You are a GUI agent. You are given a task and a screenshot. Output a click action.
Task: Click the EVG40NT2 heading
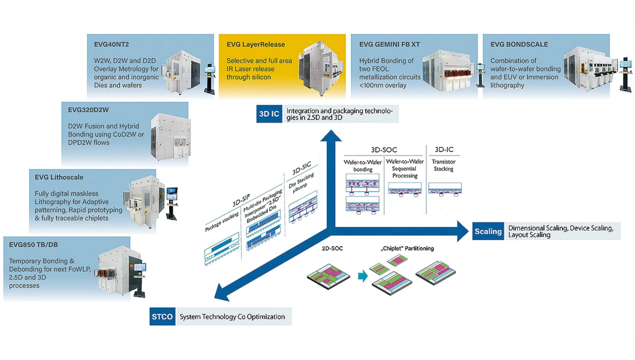click(x=112, y=44)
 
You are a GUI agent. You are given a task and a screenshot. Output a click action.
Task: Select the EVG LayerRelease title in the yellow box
click(x=255, y=44)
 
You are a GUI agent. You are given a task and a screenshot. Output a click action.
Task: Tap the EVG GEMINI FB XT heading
click(x=389, y=44)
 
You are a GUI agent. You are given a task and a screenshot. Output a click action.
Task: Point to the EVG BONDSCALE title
click(x=519, y=44)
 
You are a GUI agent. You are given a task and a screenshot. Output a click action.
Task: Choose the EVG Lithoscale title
click(x=59, y=177)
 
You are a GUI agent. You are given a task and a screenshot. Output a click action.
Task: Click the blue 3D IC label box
click(x=269, y=114)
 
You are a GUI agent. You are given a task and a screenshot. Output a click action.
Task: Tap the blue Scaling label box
click(x=488, y=232)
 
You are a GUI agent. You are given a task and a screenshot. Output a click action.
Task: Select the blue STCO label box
click(x=163, y=317)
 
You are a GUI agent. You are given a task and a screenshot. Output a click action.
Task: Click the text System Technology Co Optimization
click(x=232, y=317)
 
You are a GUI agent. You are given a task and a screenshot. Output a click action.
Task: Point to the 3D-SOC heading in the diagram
click(x=384, y=150)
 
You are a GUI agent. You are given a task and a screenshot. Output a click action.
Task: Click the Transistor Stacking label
click(x=444, y=166)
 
